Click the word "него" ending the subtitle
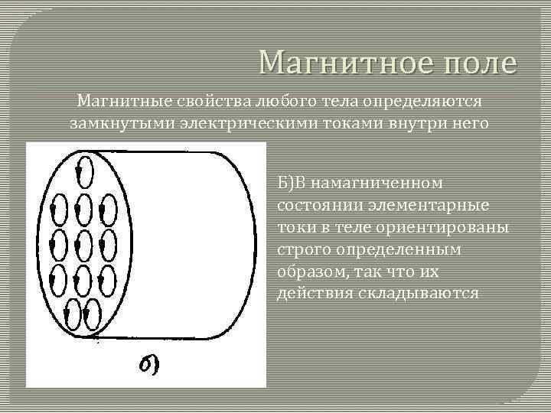point(467,123)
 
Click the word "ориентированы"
point(437,229)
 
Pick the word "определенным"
point(390,250)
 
